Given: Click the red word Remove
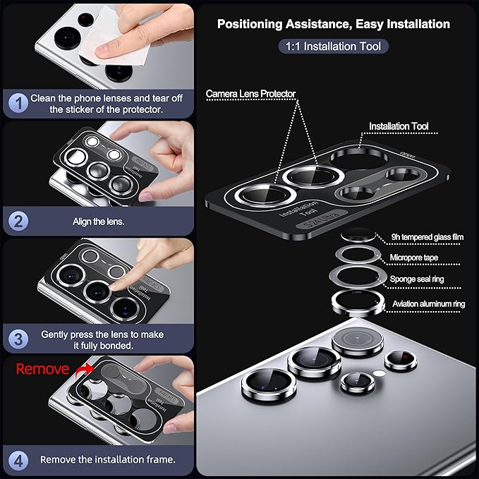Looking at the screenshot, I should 42,369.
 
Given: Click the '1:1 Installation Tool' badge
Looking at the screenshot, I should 333,47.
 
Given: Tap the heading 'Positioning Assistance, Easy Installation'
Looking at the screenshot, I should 333,24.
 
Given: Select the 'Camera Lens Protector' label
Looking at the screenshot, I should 250,93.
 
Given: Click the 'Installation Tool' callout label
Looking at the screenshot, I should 399,126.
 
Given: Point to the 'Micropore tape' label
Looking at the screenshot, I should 416,257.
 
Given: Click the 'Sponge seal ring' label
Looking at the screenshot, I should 418,279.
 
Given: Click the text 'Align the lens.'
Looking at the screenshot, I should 98,221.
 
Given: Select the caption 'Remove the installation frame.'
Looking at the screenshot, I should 107,459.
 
